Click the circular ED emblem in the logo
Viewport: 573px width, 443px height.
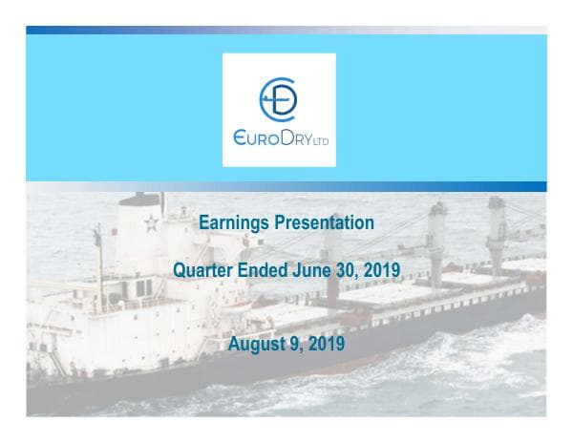[279, 98]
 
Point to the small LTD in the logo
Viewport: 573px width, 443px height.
[325, 141]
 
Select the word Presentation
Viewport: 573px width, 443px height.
[327, 223]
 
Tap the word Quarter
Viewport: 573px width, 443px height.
[202, 270]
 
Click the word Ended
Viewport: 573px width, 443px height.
[262, 270]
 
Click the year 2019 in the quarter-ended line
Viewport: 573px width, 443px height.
[379, 270]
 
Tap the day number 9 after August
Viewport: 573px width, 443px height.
[295, 344]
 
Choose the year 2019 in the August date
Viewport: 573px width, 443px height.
[325, 344]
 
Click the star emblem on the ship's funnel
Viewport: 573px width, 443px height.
[150, 225]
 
